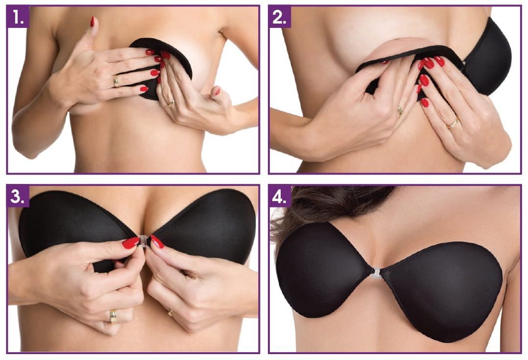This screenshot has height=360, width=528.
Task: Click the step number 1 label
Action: click(x=18, y=17)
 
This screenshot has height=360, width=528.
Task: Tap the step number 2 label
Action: click(x=280, y=17)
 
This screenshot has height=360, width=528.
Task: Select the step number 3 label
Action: click(x=18, y=196)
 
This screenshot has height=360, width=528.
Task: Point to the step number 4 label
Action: click(x=280, y=196)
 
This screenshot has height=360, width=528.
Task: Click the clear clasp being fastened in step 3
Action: click(x=144, y=241)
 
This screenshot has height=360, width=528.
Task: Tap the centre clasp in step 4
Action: click(x=375, y=273)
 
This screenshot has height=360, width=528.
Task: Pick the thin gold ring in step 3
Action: click(x=171, y=313)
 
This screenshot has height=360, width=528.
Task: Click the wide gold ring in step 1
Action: click(x=116, y=81)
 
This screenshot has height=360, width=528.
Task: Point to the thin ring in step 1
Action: click(x=171, y=103)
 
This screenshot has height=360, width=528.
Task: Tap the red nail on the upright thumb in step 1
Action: click(x=92, y=22)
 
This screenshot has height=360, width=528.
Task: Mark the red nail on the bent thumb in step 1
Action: click(x=217, y=91)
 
